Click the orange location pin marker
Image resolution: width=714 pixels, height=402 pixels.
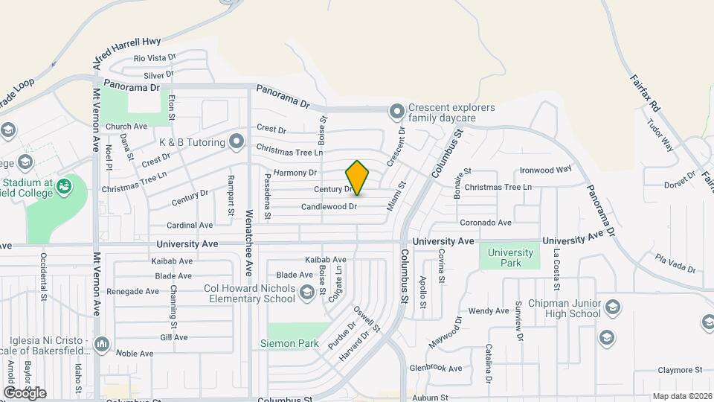coord(357,177)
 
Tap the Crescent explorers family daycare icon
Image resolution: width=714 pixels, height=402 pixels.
coord(397,112)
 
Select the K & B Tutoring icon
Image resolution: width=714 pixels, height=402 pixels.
coord(237,140)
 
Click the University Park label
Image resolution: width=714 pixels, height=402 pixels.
coord(510,258)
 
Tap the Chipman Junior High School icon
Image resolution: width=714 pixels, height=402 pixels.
coord(613,307)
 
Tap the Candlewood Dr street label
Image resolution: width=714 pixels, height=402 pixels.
coord(329,206)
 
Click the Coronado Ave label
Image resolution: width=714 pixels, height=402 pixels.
coord(486,223)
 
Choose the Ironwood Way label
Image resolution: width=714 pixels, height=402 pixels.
coord(545,170)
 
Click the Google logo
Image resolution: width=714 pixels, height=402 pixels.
coord(25,392)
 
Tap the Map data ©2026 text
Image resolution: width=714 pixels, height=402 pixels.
coord(681,396)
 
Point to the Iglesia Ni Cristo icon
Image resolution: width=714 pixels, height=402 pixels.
coord(101,344)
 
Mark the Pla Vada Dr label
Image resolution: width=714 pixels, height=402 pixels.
coord(675,264)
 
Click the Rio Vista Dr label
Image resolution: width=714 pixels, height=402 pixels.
coord(155,57)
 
